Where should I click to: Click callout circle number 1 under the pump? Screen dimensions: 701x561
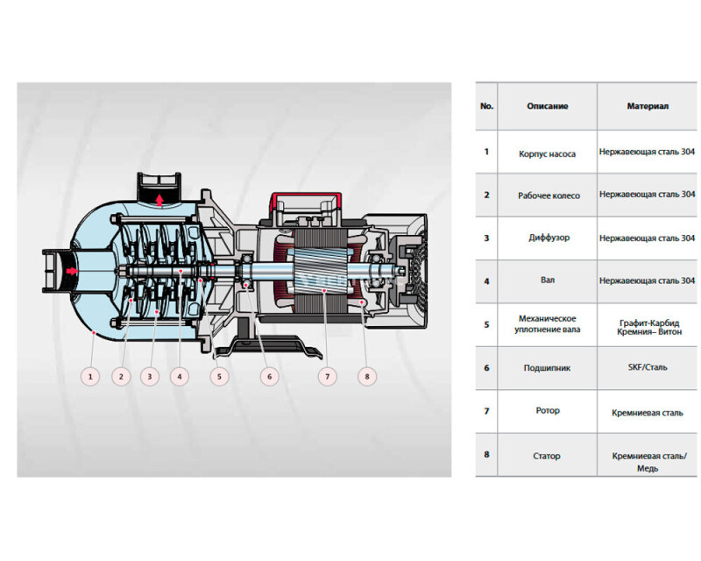(x=90, y=376)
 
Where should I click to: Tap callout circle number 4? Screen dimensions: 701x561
(x=180, y=376)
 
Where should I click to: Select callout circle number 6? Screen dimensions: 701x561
(x=269, y=376)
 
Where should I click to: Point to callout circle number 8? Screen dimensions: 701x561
(x=367, y=376)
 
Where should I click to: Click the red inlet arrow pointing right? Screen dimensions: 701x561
(x=72, y=271)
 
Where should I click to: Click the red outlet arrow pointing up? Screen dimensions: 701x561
(x=159, y=200)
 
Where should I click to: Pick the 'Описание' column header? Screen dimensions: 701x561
(x=547, y=106)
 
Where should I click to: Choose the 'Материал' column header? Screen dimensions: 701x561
(x=648, y=106)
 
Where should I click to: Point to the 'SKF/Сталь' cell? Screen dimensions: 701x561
(x=648, y=367)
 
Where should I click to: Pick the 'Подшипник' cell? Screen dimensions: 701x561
(x=547, y=368)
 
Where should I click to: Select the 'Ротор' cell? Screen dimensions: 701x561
(x=548, y=410)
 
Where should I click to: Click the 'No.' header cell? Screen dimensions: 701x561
(x=486, y=106)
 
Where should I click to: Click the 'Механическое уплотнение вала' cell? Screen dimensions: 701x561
(x=547, y=324)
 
